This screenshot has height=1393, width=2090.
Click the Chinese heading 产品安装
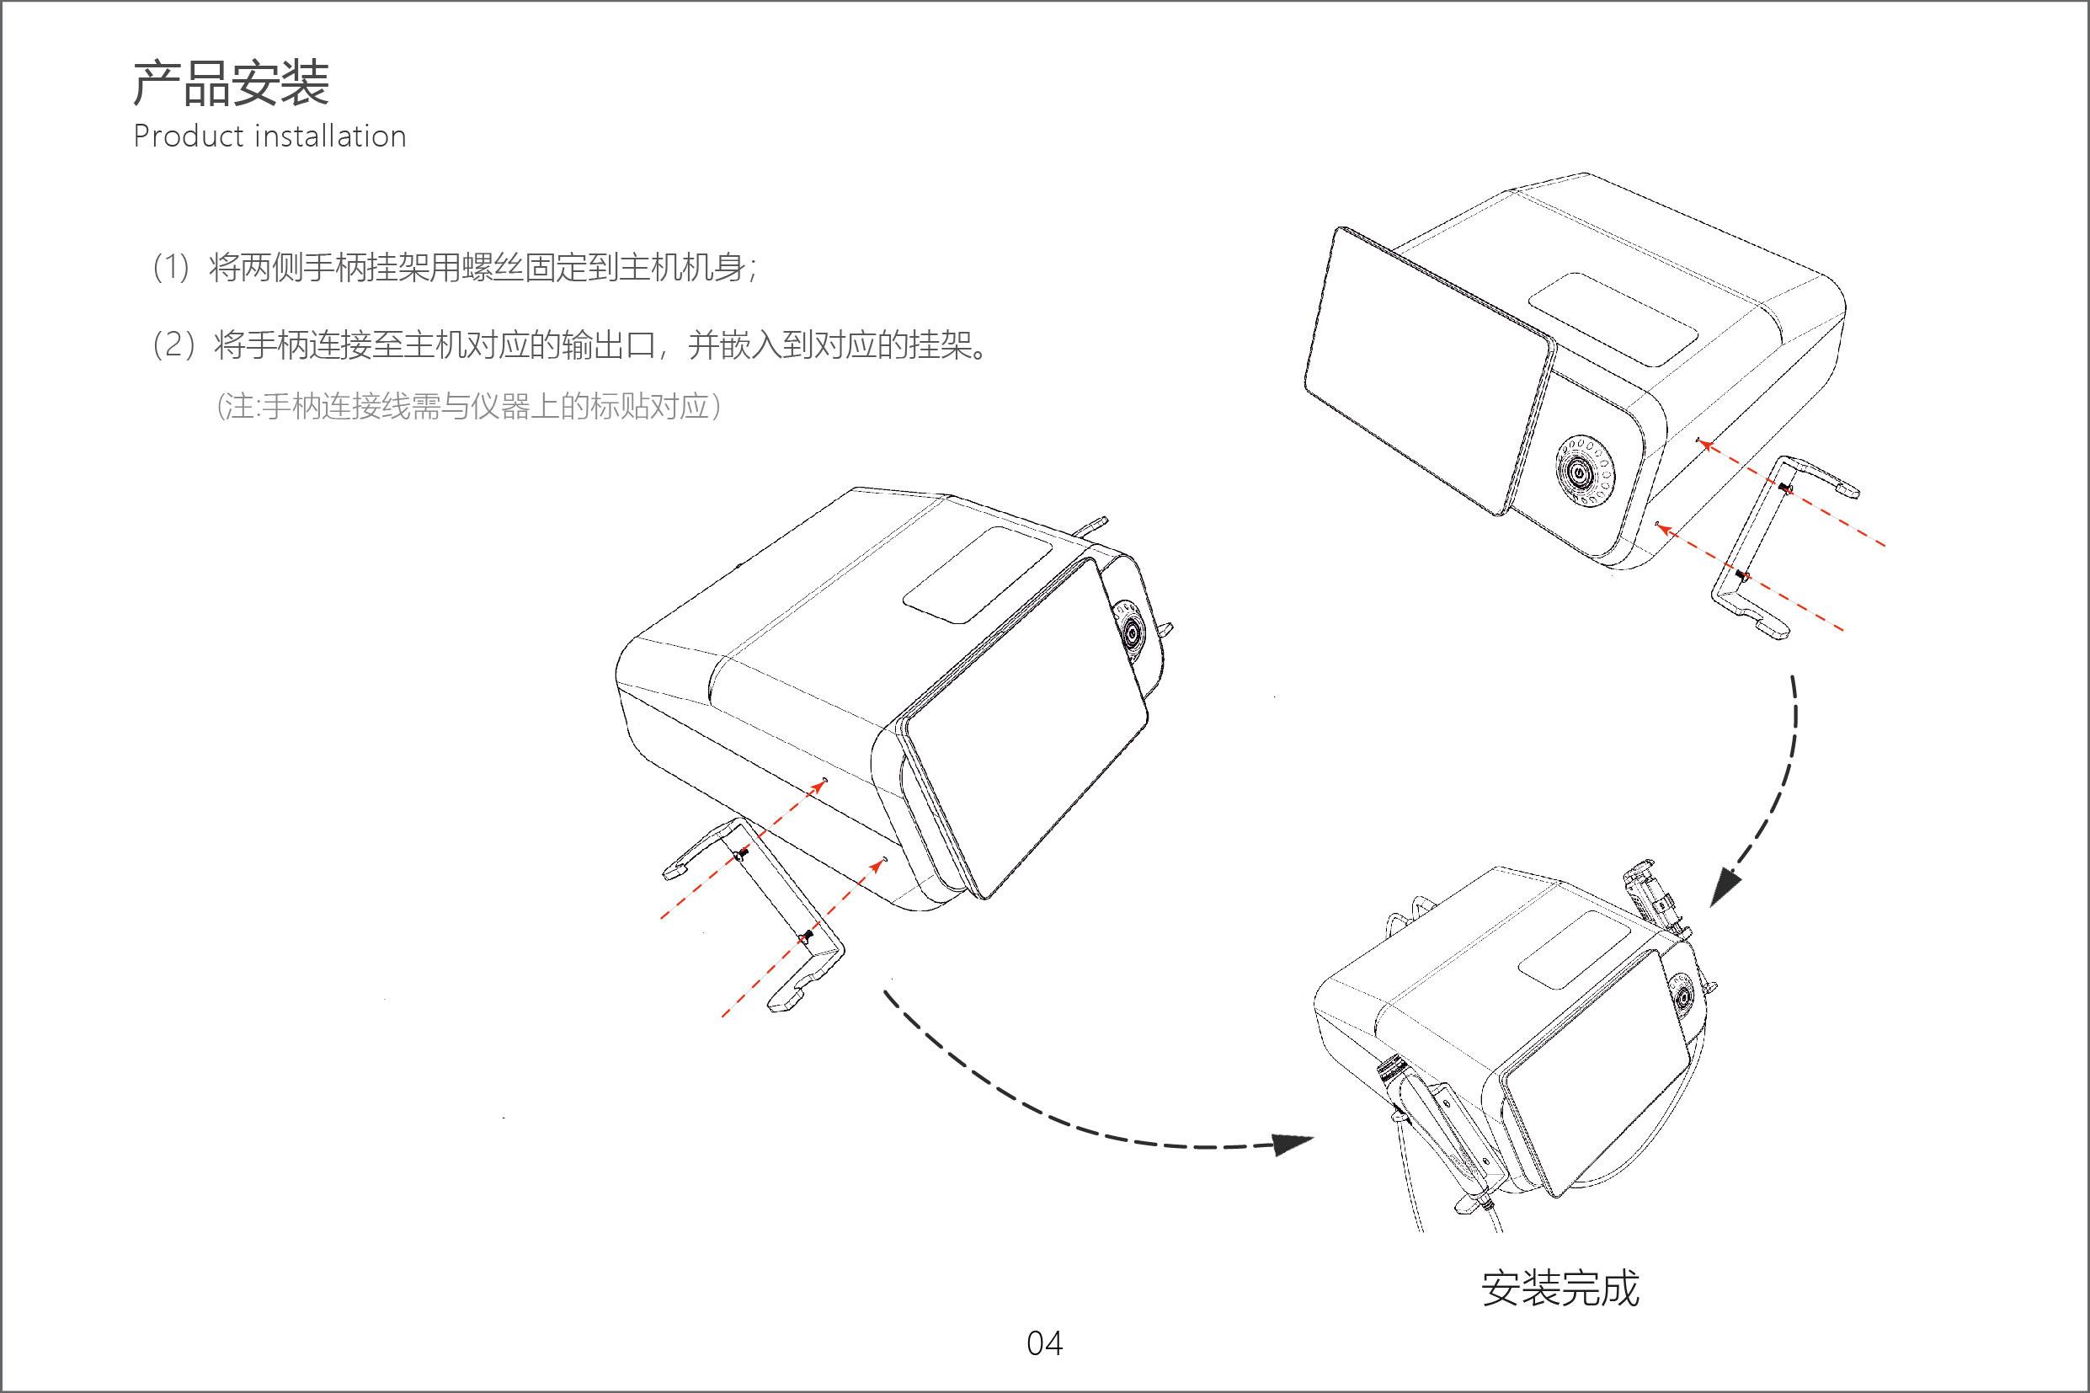pos(231,84)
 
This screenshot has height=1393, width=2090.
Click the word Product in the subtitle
pos(188,136)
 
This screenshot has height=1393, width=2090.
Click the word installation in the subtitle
pos(329,136)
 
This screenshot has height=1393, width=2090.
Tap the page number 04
pos(1043,1343)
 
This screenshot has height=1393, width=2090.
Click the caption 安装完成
pos(1559,1289)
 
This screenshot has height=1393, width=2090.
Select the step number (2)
pos(173,344)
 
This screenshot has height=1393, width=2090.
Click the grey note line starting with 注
pos(468,407)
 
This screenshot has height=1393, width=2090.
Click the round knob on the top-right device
pos(1584,471)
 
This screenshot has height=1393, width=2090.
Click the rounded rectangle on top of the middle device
pos(977,574)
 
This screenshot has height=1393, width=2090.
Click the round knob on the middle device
pos(1132,632)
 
